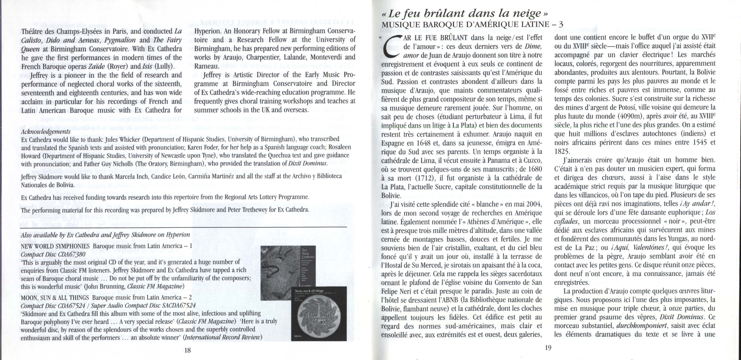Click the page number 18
187,350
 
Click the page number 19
548,348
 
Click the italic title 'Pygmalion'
120,40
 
